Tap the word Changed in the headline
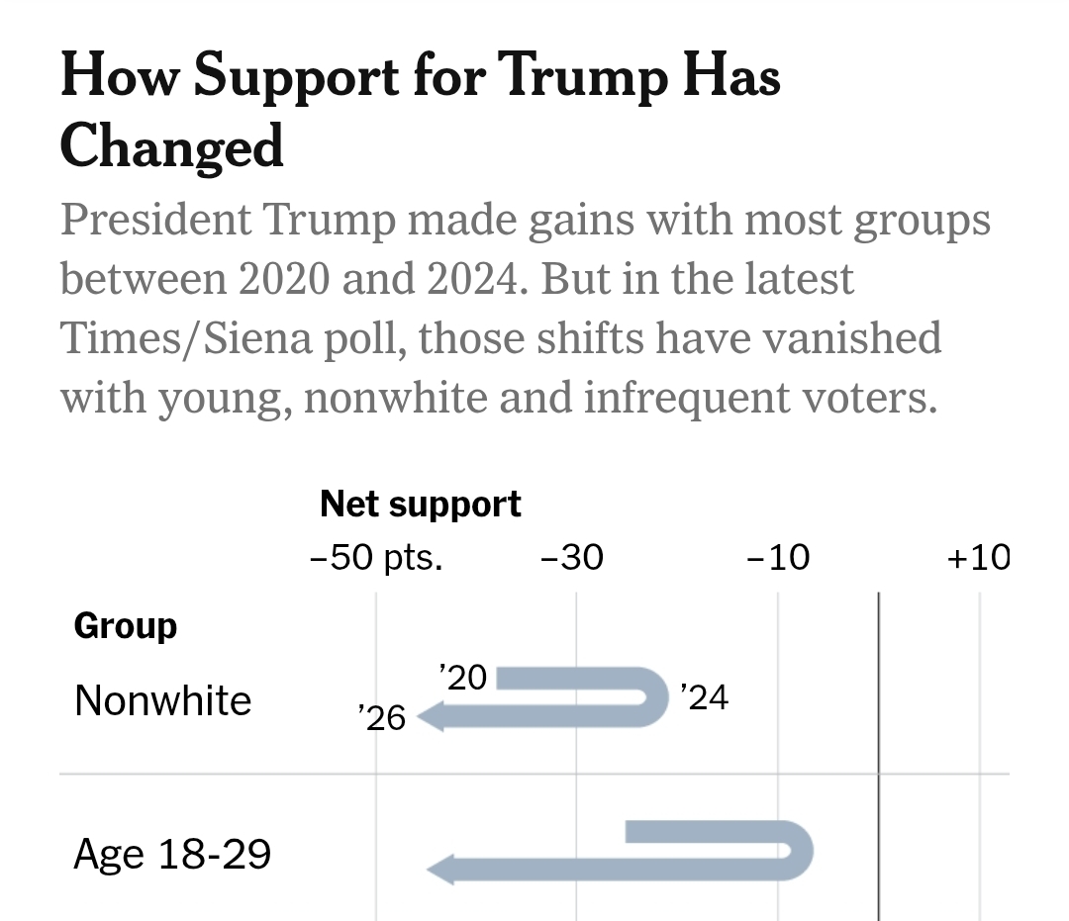point(172,146)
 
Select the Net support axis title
point(421,505)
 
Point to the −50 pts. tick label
point(377,558)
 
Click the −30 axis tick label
point(571,558)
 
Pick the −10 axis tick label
point(778,558)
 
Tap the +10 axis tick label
point(979,558)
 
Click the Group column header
point(126,626)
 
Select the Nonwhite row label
point(163,701)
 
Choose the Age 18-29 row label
point(172,854)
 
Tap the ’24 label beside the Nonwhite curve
point(704,698)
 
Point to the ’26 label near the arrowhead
point(382,717)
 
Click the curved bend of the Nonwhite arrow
point(659,698)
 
